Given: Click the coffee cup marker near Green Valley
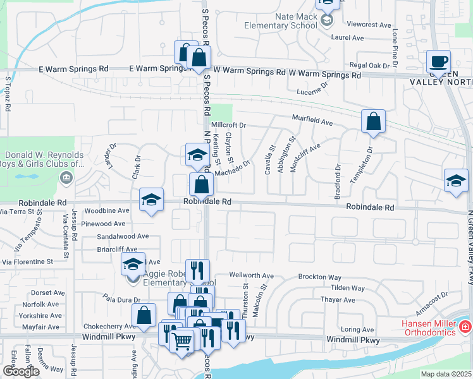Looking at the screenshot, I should click(x=438, y=63).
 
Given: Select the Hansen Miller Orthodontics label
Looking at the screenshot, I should click(x=429, y=328).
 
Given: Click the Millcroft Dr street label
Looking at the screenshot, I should click(x=228, y=125).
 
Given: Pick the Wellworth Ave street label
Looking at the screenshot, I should click(x=251, y=275).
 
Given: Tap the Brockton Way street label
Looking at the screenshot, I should click(x=320, y=277).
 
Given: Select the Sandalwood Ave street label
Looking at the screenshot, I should click(x=123, y=236).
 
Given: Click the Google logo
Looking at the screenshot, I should click(x=21, y=371).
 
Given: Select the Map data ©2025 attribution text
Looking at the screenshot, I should click(x=446, y=374).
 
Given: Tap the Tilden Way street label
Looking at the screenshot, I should click(x=348, y=288).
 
